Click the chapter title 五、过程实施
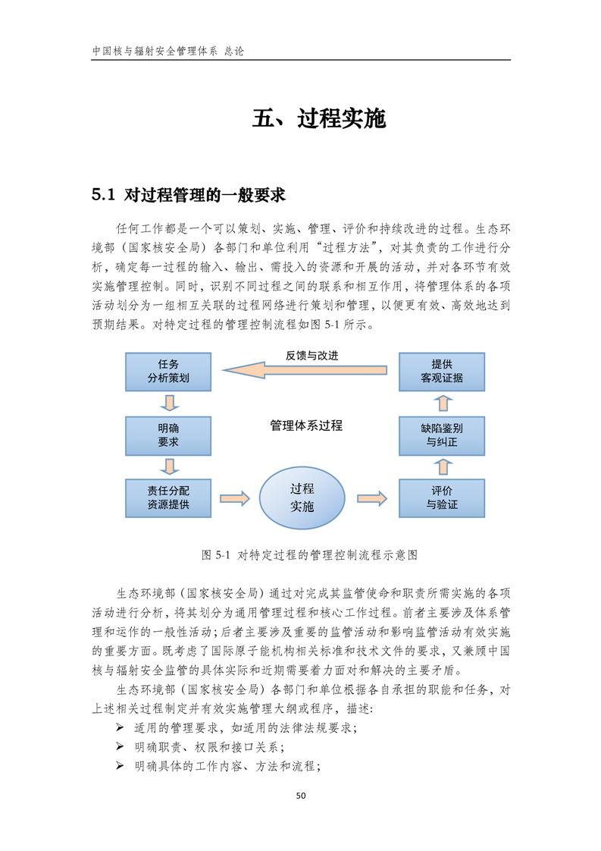click(319, 120)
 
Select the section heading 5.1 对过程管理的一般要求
click(188, 195)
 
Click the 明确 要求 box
click(168, 435)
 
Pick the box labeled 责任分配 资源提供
click(168, 497)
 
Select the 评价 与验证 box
click(441, 497)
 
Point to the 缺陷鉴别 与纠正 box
click(441, 435)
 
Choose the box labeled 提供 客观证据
click(441, 370)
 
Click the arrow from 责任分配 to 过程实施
click(234, 498)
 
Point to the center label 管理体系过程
click(305, 425)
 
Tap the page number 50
click(301, 796)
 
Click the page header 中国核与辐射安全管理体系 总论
click(167, 52)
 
